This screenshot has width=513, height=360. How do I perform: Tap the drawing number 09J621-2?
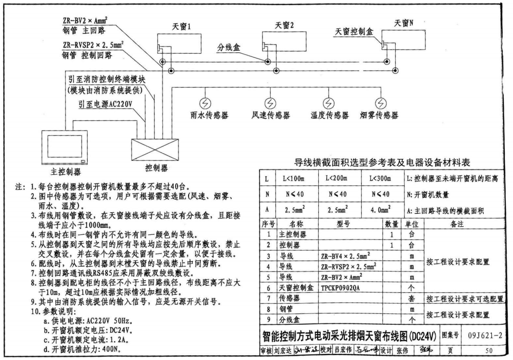pos(485,336)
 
